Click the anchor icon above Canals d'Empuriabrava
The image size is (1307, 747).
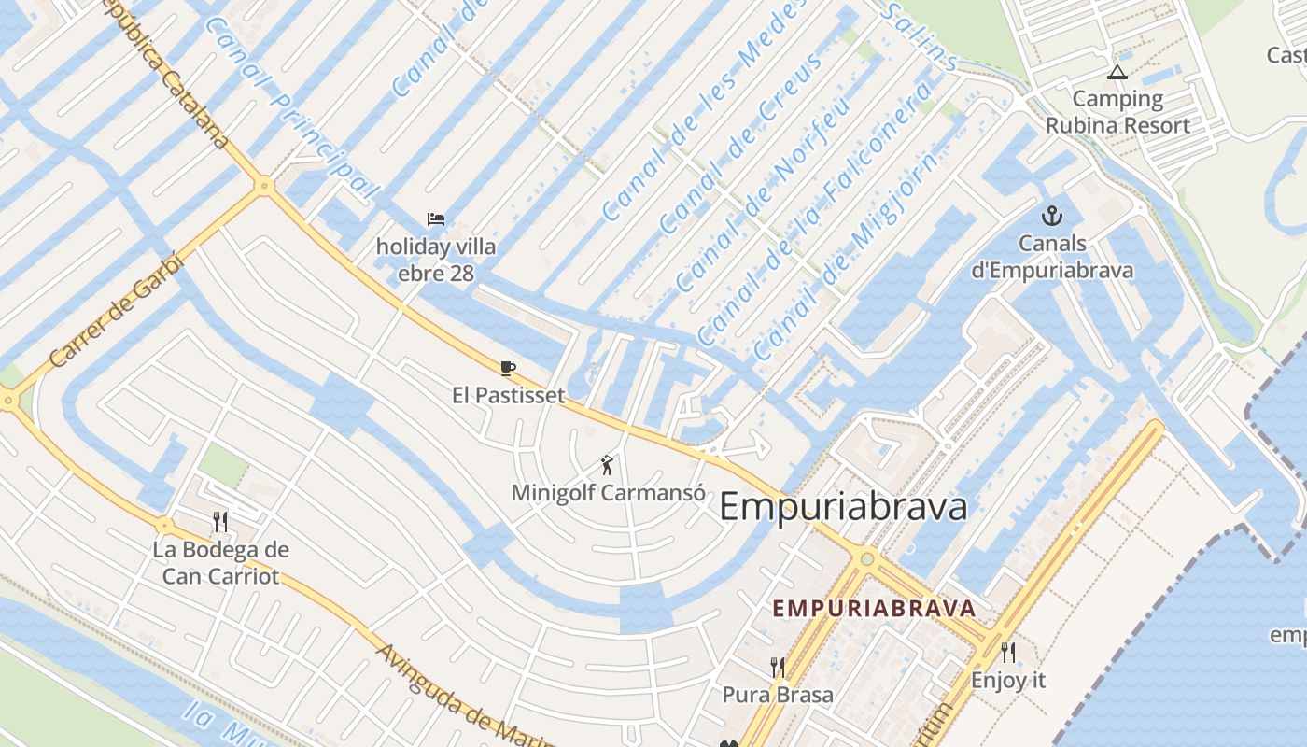pos(1052,216)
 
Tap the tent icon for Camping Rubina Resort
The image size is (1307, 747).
pos(1117,72)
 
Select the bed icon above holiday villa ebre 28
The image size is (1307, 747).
pos(436,219)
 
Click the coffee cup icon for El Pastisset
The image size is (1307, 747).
pos(508,368)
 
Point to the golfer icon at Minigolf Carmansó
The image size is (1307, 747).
pos(608,464)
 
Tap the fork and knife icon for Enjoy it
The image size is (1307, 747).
pos(1008,652)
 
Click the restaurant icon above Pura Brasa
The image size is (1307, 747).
pos(778,667)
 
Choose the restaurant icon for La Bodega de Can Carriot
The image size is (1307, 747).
pos(220,521)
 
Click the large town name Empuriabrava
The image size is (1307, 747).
pos(843,507)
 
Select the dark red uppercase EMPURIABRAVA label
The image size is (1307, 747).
pos(874,608)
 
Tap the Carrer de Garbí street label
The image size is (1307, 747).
pos(116,309)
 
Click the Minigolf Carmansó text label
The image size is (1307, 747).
pos(608,492)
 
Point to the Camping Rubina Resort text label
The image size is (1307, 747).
pos(1117,112)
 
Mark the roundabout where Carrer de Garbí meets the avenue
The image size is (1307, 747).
pos(264,186)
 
